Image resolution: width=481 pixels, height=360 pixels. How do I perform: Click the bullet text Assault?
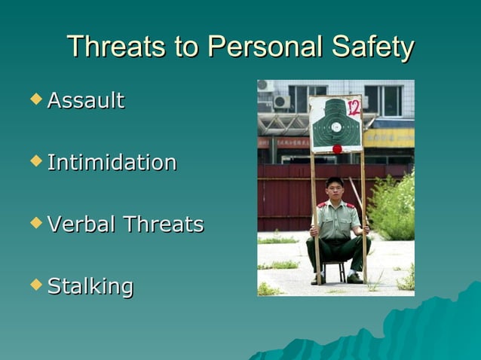point(85,100)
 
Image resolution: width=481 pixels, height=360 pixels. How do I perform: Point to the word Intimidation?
point(112,162)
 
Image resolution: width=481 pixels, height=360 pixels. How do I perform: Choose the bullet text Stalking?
point(90,286)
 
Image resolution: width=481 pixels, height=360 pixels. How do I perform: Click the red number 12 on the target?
point(353,107)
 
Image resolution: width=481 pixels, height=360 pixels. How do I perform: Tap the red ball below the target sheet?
point(337,148)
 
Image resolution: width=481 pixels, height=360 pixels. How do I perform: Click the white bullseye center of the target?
point(335,127)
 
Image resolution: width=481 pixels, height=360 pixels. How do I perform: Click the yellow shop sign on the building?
point(389,138)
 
